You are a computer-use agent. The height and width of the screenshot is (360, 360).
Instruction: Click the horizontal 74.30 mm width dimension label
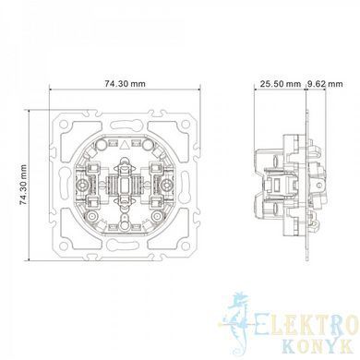pyautogui.click(x=125, y=83)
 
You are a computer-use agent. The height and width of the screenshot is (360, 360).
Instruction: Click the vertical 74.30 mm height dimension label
pyautogui.click(x=23, y=185)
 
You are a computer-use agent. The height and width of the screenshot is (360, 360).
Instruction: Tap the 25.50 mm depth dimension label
pyautogui.click(x=281, y=84)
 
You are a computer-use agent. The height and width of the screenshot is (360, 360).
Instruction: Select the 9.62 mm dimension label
pyautogui.click(x=325, y=84)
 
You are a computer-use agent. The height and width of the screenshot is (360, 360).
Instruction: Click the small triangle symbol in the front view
pyautogui.click(x=125, y=144)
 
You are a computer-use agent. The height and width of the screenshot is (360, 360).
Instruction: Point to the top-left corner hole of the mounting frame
pyautogui.click(x=64, y=125)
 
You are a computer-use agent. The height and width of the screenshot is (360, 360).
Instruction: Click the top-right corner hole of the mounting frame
pyautogui.click(x=186, y=125)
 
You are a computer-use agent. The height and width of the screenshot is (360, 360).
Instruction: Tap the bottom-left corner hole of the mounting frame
pyautogui.click(x=64, y=246)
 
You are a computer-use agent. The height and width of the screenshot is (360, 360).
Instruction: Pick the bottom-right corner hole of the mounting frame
pyautogui.click(x=186, y=246)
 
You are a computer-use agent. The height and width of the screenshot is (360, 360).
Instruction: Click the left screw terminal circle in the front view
pyautogui.click(x=82, y=185)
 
